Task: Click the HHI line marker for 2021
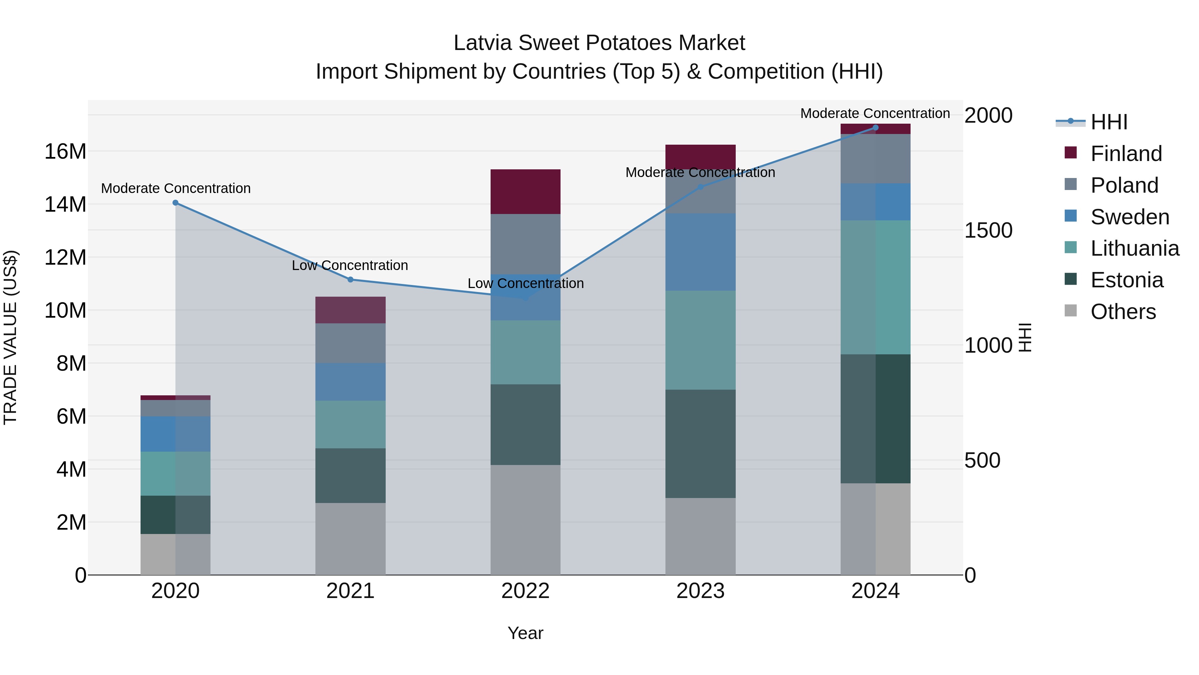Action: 350,280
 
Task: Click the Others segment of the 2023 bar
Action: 700,536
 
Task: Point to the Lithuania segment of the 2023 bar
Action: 700,340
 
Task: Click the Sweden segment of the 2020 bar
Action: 176,434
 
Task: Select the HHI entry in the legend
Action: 1109,122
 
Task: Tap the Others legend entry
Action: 1123,312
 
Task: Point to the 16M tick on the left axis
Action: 65,151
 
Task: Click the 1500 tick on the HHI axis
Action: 988,230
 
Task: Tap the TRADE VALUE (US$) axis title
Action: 10,337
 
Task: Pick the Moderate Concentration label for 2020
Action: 176,188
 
